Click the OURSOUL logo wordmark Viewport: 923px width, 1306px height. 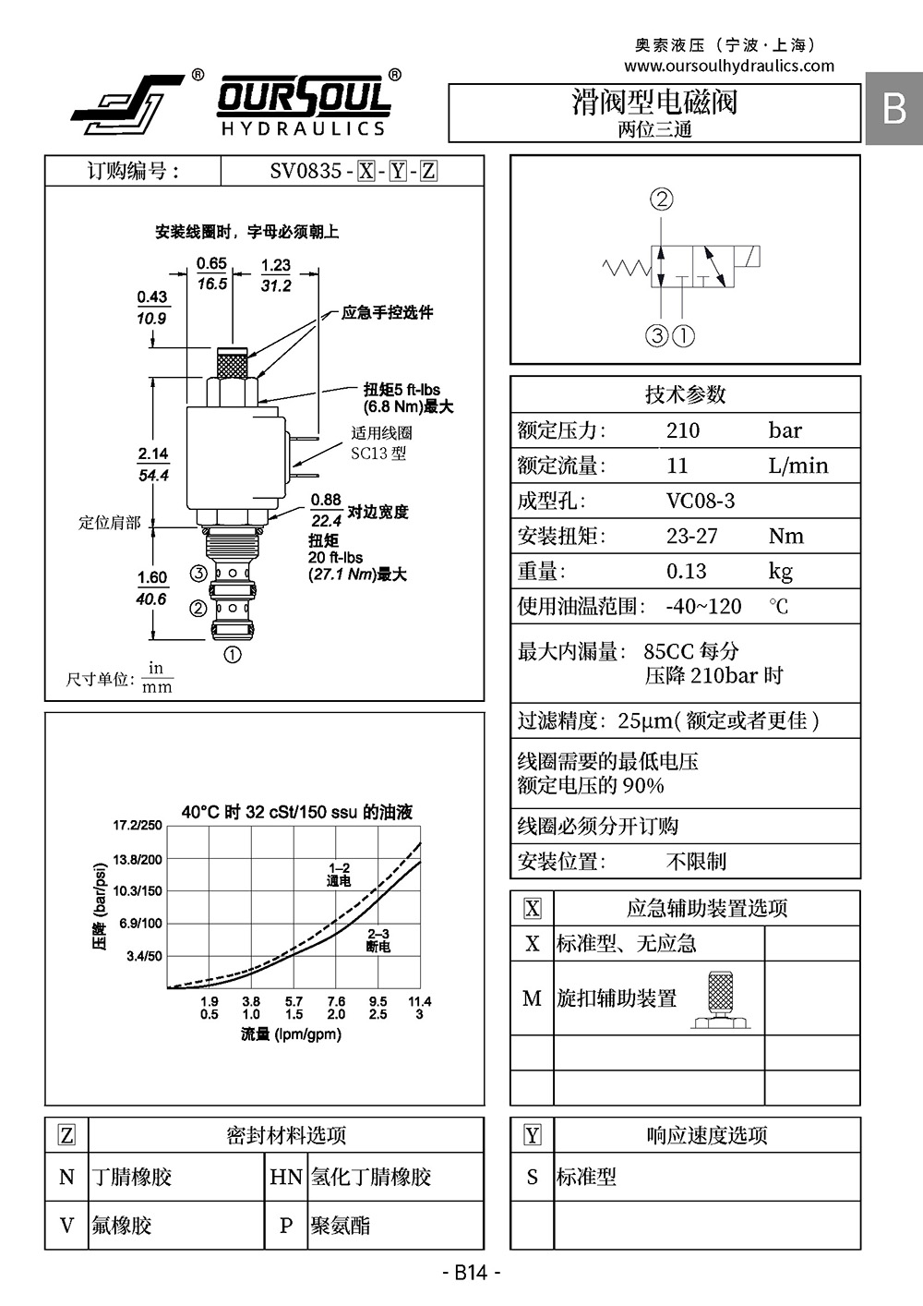tap(304, 97)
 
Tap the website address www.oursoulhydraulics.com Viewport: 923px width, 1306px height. tap(729, 66)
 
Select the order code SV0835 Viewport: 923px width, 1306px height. tap(306, 171)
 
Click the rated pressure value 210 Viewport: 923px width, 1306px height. tap(683, 430)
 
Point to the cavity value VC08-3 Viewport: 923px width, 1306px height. tap(701, 501)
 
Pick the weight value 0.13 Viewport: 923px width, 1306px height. tap(687, 571)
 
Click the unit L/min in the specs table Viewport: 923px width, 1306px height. tap(798, 466)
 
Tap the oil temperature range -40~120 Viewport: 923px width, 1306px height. tap(704, 606)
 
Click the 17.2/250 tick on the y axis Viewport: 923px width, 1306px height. tap(138, 825)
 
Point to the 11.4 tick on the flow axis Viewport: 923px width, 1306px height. tap(420, 1001)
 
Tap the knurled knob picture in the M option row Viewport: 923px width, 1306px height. tap(721, 1000)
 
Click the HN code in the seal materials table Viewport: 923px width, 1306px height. tap(285, 1177)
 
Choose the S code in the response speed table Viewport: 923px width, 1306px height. tap(532, 1177)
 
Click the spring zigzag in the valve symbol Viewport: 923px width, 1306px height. tap(627, 268)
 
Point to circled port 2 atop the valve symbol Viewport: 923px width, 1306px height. tap(662, 200)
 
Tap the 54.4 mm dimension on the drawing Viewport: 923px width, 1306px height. tap(153, 476)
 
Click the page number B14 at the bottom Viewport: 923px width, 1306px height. tap(471, 1272)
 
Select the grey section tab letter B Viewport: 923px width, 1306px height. tap(894, 108)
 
